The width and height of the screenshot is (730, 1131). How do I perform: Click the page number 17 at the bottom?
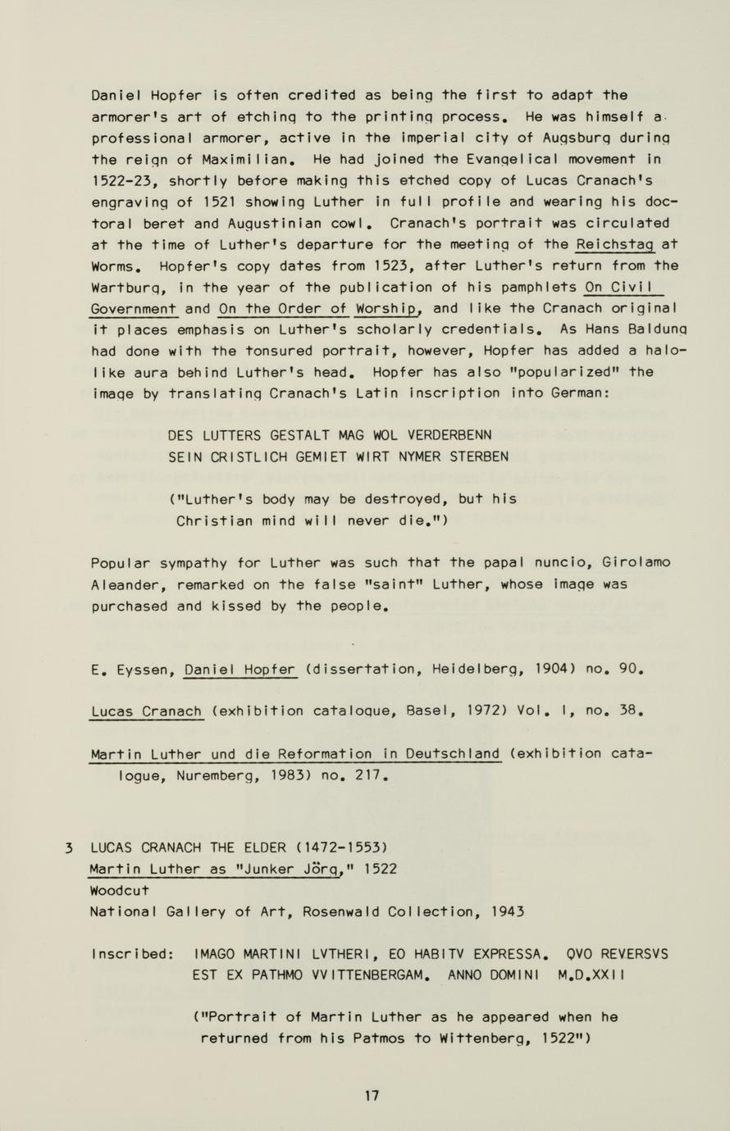[x=372, y=1095]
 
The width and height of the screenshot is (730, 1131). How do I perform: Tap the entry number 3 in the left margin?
[x=70, y=847]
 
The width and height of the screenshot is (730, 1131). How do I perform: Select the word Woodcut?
[x=120, y=890]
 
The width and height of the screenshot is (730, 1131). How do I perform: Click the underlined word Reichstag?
[x=614, y=244]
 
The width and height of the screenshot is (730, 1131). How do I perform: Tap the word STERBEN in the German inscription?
[x=479, y=456]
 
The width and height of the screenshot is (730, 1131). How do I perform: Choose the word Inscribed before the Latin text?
[x=133, y=954]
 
